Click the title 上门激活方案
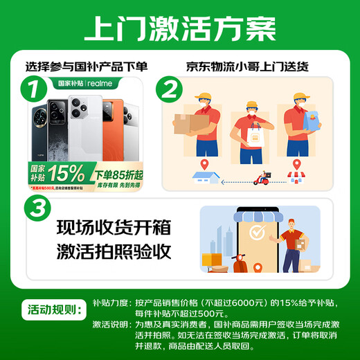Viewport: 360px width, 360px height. [179, 29]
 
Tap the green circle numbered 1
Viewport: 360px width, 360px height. [30, 89]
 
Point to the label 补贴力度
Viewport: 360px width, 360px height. [110, 303]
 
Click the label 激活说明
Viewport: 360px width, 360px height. [110, 324]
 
